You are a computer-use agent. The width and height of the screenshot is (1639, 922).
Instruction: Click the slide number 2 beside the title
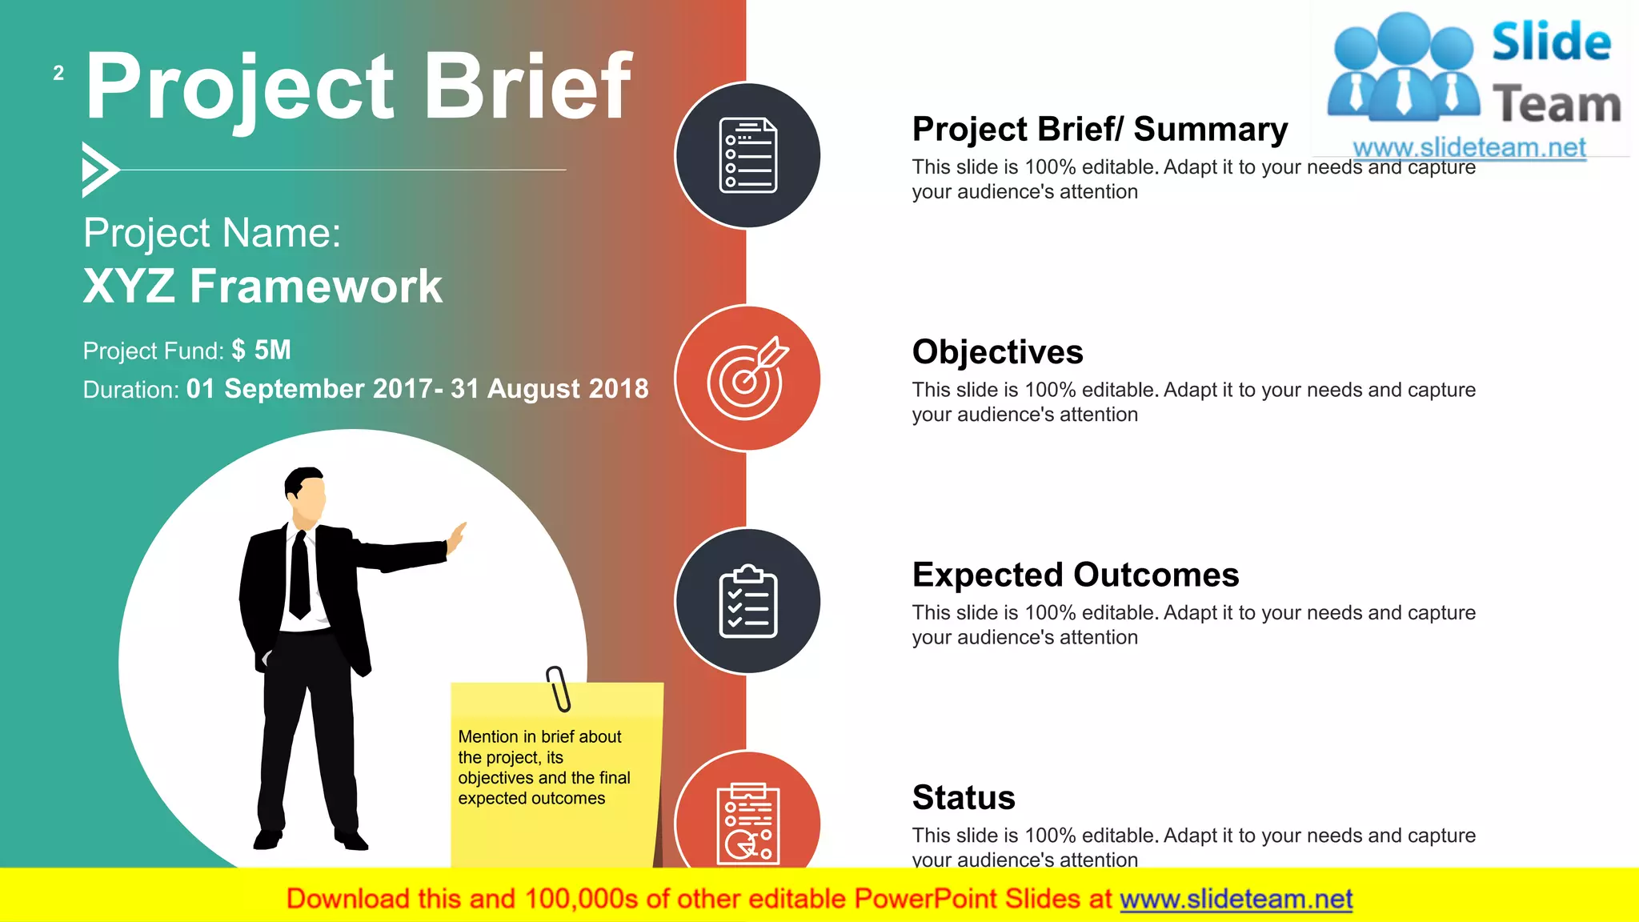pyautogui.click(x=58, y=74)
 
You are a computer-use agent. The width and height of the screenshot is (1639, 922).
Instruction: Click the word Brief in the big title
pyautogui.click(x=527, y=86)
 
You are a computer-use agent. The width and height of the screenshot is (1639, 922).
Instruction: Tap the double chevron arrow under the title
pyautogui.click(x=99, y=170)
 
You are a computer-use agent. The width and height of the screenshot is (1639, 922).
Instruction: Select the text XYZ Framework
pyautogui.click(x=262, y=286)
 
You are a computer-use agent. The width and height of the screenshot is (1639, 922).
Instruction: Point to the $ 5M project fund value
pyautogui.click(x=261, y=350)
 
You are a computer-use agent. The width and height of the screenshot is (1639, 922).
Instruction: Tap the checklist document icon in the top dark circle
pyautogui.click(x=747, y=155)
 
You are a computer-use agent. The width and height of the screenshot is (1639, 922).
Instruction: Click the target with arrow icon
pyautogui.click(x=747, y=378)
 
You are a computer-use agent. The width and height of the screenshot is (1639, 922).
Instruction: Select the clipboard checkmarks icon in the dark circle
pyautogui.click(x=747, y=601)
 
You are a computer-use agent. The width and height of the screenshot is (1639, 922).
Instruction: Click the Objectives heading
pyautogui.click(x=997, y=352)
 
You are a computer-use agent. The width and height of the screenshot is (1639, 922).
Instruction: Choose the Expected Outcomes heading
pyautogui.click(x=1075, y=575)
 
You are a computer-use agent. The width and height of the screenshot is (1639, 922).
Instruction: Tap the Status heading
pyautogui.click(x=964, y=797)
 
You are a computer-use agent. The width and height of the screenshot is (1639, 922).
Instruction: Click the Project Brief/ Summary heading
pyautogui.click(x=1100, y=130)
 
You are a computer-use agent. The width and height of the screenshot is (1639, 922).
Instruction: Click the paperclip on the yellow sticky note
pyautogui.click(x=559, y=688)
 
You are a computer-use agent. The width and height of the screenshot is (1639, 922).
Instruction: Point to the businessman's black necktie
pyautogui.click(x=300, y=575)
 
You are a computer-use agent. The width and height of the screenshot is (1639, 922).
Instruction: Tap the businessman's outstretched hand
pyautogui.click(x=456, y=538)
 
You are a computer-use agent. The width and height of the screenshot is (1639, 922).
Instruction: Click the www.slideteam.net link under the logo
pyautogui.click(x=1469, y=148)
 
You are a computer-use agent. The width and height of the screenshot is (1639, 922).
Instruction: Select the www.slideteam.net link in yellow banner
pyautogui.click(x=1236, y=899)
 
